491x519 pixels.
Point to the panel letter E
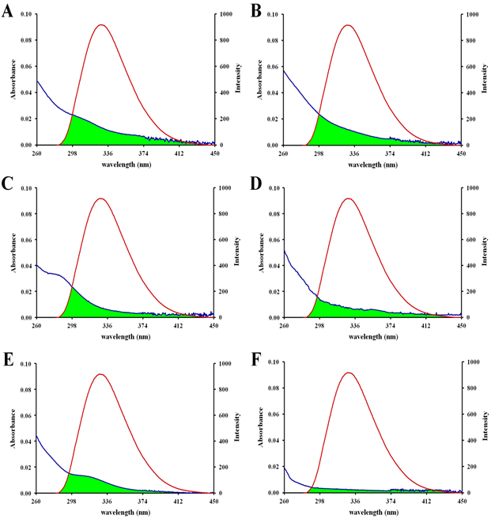pos(8,360)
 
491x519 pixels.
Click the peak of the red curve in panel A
pos(100,25)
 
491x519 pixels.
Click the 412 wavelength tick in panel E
pos(179,501)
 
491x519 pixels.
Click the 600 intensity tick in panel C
pos(223,240)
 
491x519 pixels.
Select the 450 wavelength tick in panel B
pos(460,153)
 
